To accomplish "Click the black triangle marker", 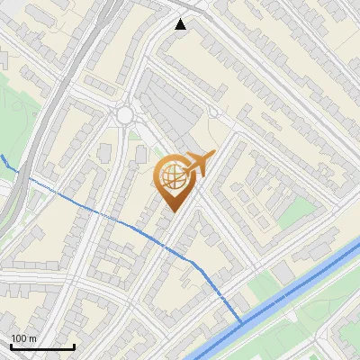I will coord(181,24).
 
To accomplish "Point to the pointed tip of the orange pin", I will coord(171,211).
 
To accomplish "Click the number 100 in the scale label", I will coord(19,338).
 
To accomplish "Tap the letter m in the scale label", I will coord(33,338).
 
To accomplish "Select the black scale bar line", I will coord(42,346).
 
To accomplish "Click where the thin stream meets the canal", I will coord(243,321).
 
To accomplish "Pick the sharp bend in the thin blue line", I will coord(193,262).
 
